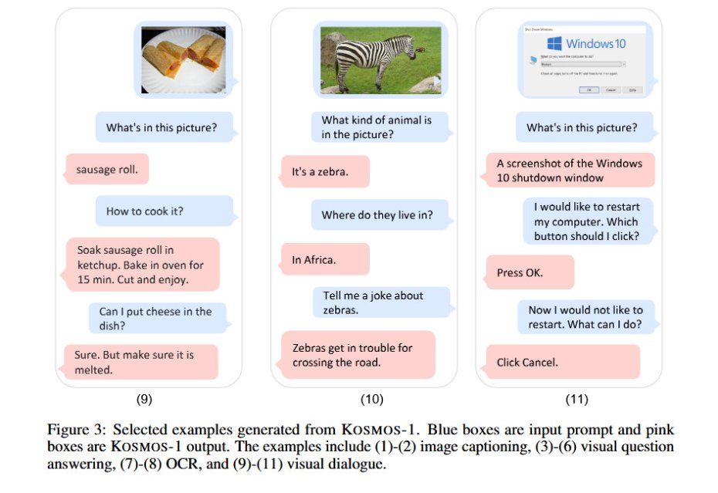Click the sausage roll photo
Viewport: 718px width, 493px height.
tap(183, 59)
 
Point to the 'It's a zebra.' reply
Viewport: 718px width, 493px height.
tap(325, 172)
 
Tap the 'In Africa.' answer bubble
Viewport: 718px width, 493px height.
tap(324, 260)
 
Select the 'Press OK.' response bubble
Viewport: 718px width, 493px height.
tap(529, 272)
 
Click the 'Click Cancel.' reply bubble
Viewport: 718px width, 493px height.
tap(562, 362)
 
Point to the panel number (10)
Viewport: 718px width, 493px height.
tap(371, 400)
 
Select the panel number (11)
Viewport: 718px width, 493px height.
tap(576, 400)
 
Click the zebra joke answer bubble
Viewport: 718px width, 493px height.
tap(357, 355)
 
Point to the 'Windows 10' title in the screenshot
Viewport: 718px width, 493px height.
tap(595, 44)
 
